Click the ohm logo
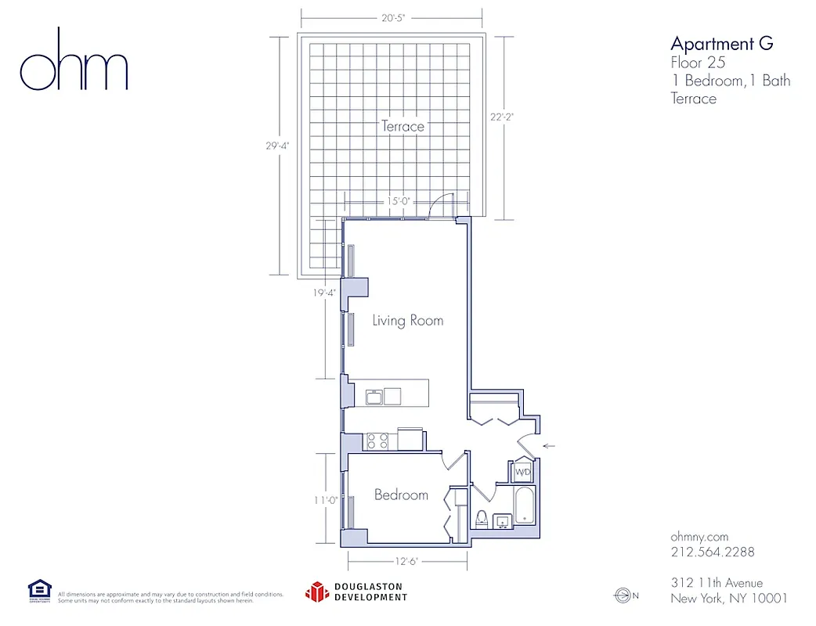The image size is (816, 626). [x=74, y=60]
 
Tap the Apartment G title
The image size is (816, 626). [x=721, y=43]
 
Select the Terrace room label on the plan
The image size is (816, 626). [x=403, y=126]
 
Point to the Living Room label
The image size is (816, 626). [x=407, y=320]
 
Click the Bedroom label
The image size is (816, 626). [x=401, y=495]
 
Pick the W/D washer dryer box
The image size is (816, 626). [x=522, y=473]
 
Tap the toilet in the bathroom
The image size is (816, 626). [x=482, y=519]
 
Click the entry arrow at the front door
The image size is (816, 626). [x=549, y=446]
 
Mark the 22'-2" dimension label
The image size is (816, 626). [x=502, y=117]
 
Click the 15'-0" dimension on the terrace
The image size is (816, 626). [x=399, y=201]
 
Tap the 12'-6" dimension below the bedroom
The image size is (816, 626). [x=406, y=560]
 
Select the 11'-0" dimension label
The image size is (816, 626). [x=325, y=501]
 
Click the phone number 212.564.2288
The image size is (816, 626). [x=713, y=552]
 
